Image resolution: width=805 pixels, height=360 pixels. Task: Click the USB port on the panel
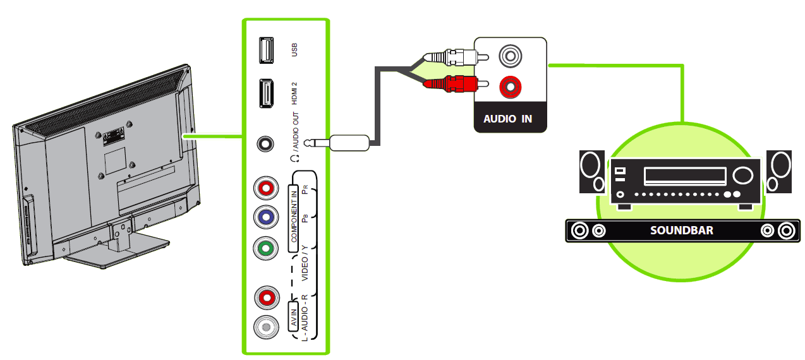tap(266, 51)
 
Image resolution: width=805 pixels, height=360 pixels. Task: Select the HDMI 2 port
tap(266, 93)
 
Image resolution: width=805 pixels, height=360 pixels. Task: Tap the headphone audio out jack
tap(266, 143)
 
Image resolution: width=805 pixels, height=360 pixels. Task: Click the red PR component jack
tap(266, 188)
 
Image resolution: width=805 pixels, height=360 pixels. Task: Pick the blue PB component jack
tap(266, 217)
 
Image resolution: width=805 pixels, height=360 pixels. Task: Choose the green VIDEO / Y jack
tap(266, 248)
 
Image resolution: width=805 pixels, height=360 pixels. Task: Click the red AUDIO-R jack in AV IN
tap(266, 297)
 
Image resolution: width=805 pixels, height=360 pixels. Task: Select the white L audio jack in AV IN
tap(266, 327)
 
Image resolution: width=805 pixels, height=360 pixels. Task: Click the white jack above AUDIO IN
tap(509, 56)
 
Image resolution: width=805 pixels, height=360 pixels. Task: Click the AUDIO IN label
tap(507, 118)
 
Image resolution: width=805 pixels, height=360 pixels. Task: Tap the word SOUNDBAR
tap(681, 231)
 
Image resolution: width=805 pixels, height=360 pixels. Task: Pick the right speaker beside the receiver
tap(778, 171)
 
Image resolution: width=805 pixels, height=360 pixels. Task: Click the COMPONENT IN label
tap(294, 214)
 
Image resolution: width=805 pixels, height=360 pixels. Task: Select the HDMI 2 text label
tap(294, 93)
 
